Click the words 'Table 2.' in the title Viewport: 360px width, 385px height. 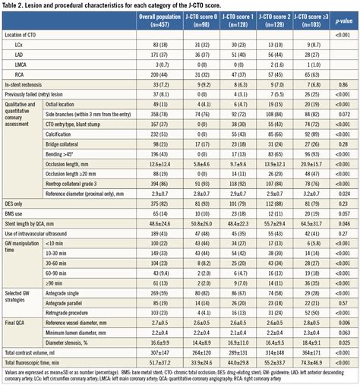click(x=14, y=5)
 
